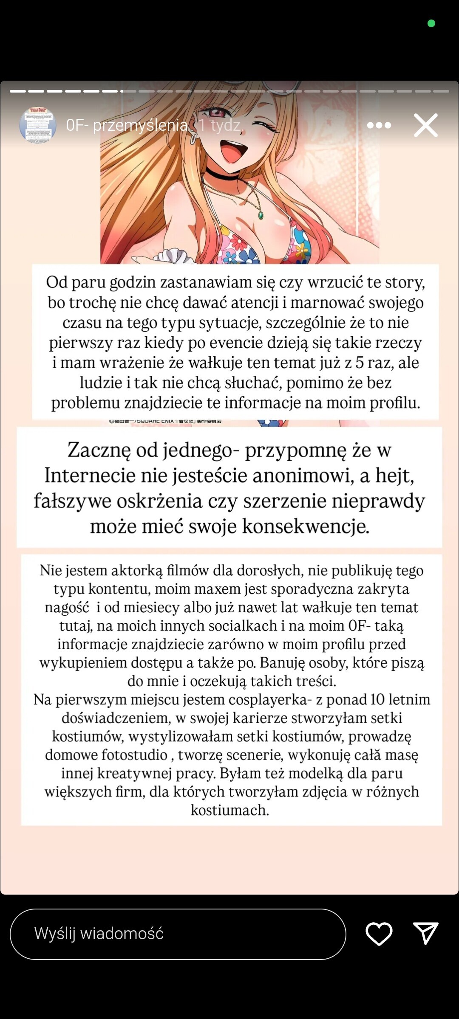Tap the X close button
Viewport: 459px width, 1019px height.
tap(426, 125)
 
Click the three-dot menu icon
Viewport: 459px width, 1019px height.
tap(379, 125)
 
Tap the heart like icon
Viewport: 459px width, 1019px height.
tap(379, 934)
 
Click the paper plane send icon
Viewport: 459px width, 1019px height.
tap(425, 933)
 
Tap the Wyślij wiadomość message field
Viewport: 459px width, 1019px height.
tap(178, 934)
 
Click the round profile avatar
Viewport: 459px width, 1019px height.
tap(38, 124)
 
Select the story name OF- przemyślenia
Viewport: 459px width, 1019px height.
tap(127, 125)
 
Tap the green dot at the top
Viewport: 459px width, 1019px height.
tap(431, 23)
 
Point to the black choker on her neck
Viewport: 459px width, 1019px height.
tap(222, 174)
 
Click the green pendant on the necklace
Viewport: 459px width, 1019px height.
tap(261, 215)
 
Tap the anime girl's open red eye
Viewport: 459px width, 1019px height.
tap(217, 113)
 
